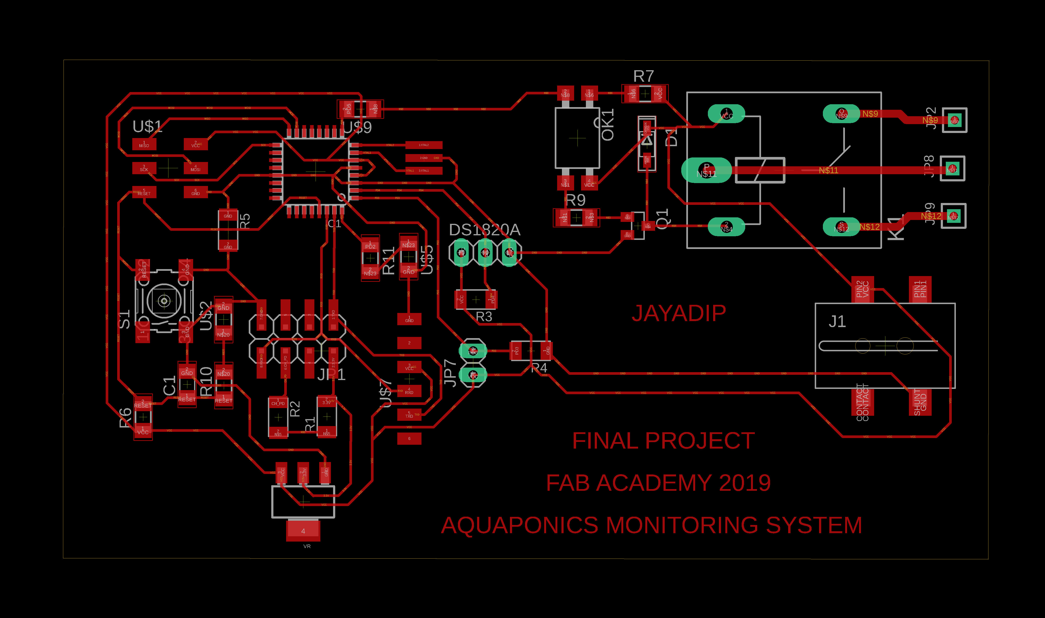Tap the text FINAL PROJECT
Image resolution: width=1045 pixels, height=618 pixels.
663,441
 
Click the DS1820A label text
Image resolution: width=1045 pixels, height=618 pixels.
485,230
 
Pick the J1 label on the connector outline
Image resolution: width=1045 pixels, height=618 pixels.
837,322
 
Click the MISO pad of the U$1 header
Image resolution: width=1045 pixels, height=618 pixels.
144,144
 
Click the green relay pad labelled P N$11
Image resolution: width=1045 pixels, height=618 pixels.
706,170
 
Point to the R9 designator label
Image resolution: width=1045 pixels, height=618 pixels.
576,200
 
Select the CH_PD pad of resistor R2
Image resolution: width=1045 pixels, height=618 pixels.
278,403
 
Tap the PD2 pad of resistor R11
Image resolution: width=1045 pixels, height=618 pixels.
370,245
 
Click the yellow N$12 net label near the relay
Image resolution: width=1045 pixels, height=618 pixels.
870,227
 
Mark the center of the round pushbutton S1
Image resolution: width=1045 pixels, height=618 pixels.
164,301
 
